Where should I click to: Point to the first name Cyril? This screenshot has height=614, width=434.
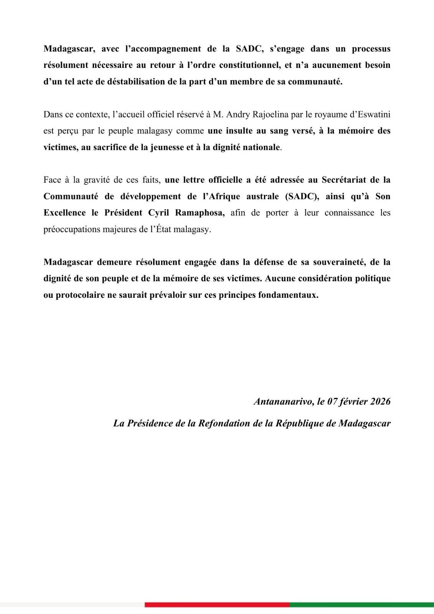pos(159,213)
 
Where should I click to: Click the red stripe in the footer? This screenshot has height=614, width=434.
pos(217,605)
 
